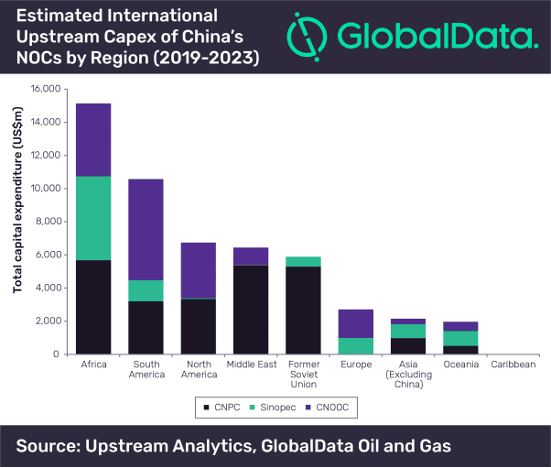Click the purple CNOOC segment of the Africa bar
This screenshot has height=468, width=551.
(x=93, y=139)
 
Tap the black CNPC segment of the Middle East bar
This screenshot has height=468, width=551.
(x=251, y=309)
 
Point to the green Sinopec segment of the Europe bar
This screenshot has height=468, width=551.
(x=356, y=345)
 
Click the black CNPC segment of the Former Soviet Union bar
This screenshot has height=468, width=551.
(x=304, y=310)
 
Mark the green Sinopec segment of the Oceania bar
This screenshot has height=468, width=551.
(x=461, y=338)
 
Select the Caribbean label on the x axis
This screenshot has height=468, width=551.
(x=513, y=365)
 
